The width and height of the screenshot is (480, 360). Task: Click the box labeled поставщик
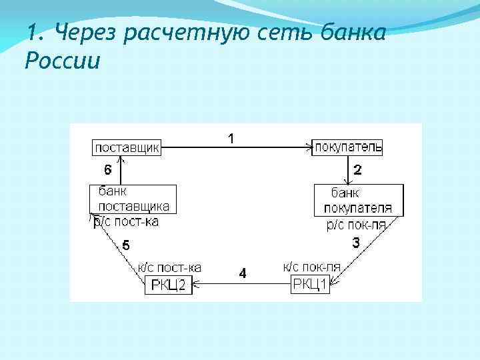pyautogui.click(x=127, y=147)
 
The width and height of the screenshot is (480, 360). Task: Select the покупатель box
pyautogui.click(x=347, y=147)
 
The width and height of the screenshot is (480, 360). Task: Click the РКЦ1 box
pyautogui.click(x=311, y=285)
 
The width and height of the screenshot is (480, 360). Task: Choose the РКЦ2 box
pyautogui.click(x=169, y=286)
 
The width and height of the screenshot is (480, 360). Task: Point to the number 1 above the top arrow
pyautogui.click(x=231, y=139)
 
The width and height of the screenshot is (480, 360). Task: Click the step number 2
pyautogui.click(x=357, y=170)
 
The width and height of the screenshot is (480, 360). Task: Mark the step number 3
pyautogui.click(x=356, y=244)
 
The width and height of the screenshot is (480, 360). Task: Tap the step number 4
pyautogui.click(x=243, y=273)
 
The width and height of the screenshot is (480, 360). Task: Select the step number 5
pyautogui.click(x=126, y=245)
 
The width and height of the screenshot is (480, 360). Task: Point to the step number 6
pyautogui.click(x=107, y=169)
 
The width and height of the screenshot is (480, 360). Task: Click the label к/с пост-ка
pyautogui.click(x=169, y=267)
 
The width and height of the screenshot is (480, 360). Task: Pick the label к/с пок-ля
pyautogui.click(x=311, y=267)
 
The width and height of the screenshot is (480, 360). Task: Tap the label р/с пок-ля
pyautogui.click(x=356, y=225)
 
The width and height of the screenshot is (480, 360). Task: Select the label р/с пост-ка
pyautogui.click(x=126, y=221)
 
